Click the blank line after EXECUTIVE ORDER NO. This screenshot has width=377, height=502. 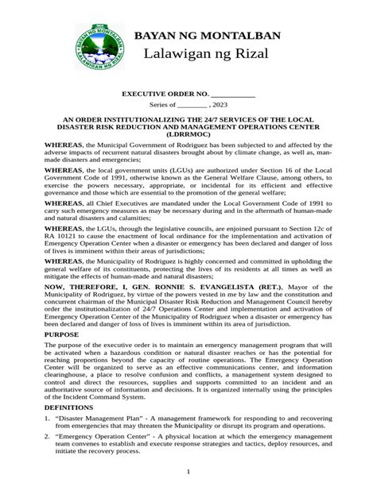(x=232, y=95)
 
